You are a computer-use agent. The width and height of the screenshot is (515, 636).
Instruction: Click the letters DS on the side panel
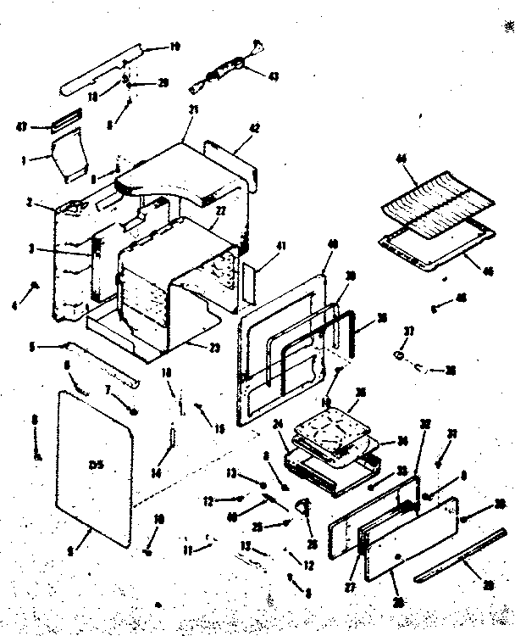point(95,463)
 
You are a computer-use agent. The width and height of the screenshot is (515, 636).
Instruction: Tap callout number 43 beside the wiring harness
point(273,76)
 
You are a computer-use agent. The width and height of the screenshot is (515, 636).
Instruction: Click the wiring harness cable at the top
point(222,70)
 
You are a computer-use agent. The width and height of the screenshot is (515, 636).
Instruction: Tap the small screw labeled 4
point(35,286)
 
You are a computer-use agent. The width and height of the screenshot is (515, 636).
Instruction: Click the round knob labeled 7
point(134,410)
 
